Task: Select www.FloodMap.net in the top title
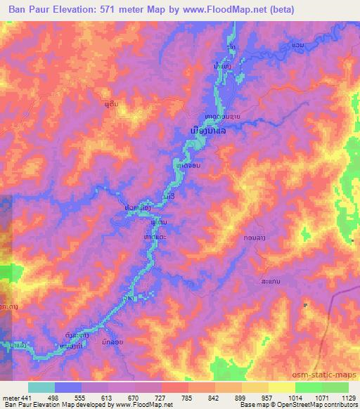229,10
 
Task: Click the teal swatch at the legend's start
41,387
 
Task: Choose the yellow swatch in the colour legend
282,387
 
